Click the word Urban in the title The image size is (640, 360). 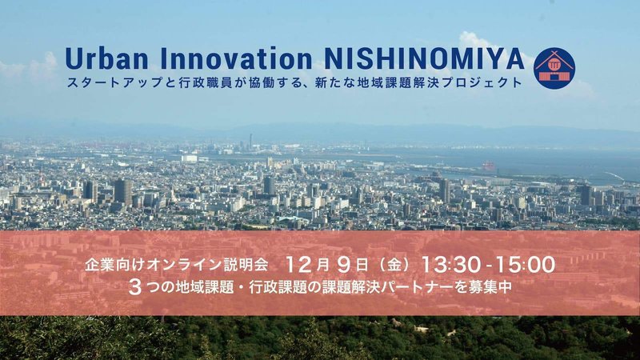(106, 58)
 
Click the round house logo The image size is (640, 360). (554, 68)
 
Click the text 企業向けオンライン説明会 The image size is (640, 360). (176, 265)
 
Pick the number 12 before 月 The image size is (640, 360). (299, 265)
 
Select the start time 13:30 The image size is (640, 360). (450, 265)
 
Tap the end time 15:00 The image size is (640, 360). (526, 265)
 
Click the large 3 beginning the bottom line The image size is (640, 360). (134, 287)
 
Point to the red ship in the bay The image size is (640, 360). (488, 166)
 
